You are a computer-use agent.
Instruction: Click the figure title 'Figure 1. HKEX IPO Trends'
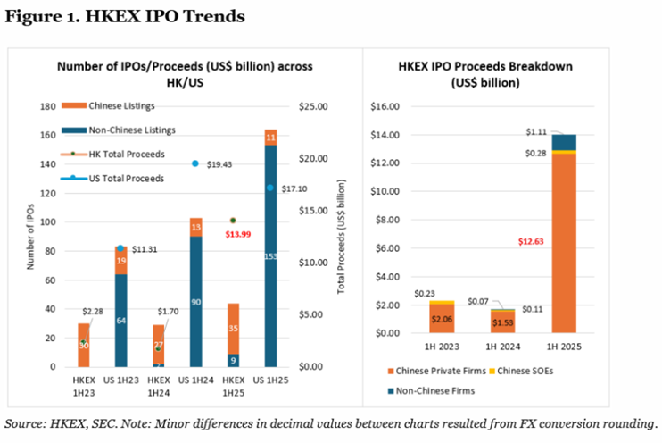click(125, 17)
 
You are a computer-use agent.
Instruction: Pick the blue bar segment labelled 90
click(196, 302)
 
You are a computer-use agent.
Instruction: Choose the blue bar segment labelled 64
click(120, 320)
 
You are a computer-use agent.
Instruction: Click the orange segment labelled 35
click(233, 328)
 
